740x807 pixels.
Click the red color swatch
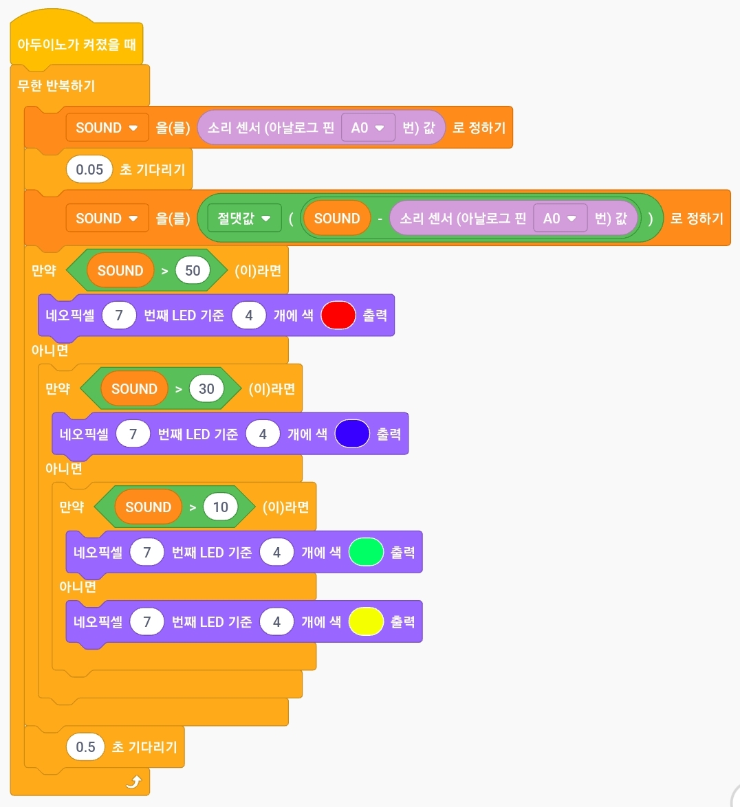pyautogui.click(x=338, y=316)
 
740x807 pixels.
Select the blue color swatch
pyautogui.click(x=352, y=434)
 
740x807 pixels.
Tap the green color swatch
pyautogui.click(x=366, y=552)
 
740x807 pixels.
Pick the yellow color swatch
pyautogui.click(x=366, y=622)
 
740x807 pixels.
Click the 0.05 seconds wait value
pyautogui.click(x=89, y=170)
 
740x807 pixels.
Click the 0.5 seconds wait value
pyautogui.click(x=85, y=747)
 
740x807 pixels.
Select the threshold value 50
pyautogui.click(x=193, y=271)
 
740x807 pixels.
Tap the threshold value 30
pyautogui.click(x=206, y=389)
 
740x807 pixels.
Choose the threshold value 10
pyautogui.click(x=221, y=507)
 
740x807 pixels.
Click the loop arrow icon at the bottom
pyautogui.click(x=134, y=782)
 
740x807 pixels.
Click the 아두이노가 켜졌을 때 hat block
pyautogui.click(x=76, y=45)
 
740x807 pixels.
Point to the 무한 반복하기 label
pyautogui.click(x=56, y=86)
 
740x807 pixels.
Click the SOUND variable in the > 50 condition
pyautogui.click(x=120, y=271)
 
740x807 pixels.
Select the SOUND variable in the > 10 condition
pyautogui.click(x=149, y=507)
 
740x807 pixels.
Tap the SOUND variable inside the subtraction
pyautogui.click(x=337, y=219)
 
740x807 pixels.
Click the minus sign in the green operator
pyautogui.click(x=380, y=219)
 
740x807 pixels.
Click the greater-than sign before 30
pyautogui.click(x=179, y=390)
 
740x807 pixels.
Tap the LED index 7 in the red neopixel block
pyautogui.click(x=119, y=316)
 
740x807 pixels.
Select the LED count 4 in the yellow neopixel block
pyautogui.click(x=276, y=622)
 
